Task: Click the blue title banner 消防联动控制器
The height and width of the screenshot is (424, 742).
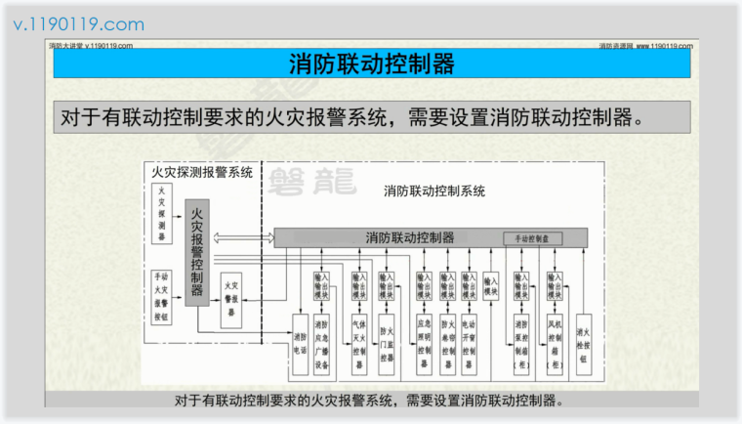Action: click(x=372, y=64)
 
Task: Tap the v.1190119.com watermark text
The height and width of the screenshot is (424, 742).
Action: click(x=79, y=24)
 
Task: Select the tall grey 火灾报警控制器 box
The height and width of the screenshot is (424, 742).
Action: click(x=197, y=251)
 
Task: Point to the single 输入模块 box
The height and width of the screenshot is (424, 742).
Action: click(x=491, y=286)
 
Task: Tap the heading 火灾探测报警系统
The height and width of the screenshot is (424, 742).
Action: click(x=202, y=172)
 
